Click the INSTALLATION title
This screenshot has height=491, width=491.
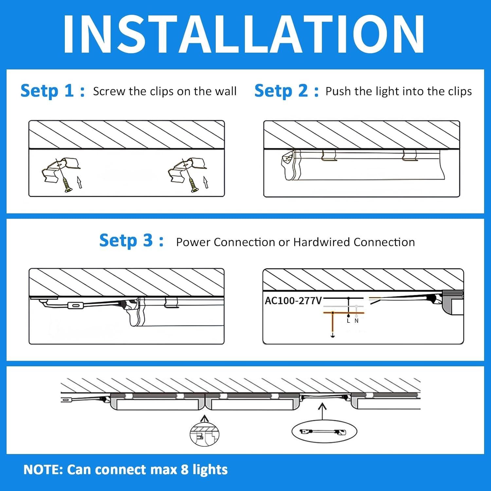pos(244,34)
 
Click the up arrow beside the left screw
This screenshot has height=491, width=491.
pos(79,182)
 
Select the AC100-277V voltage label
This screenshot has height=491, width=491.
pos(293,300)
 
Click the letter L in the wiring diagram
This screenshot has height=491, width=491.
pos(348,321)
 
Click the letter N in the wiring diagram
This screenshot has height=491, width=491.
pos(356,321)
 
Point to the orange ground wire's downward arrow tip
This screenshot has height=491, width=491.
pos(333,336)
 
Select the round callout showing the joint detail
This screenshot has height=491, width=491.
pos(204,434)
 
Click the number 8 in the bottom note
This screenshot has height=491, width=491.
pos(185,470)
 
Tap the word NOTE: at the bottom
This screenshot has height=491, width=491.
pos(43,470)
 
